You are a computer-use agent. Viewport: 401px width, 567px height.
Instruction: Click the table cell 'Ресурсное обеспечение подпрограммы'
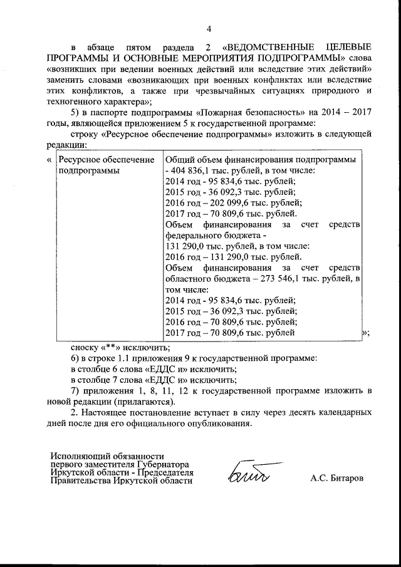click(x=106, y=165)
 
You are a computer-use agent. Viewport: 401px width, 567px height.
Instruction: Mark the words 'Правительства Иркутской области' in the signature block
click(x=122, y=481)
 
